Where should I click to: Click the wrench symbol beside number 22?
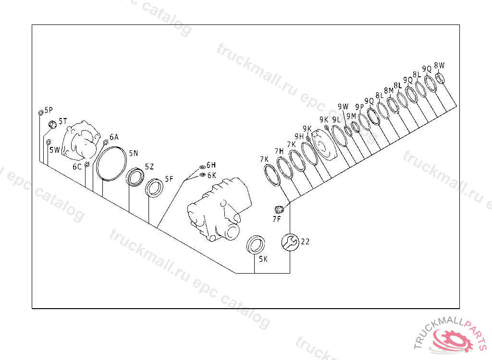tap(290, 242)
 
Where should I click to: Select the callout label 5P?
tap(49, 110)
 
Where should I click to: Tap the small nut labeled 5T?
tap(52, 124)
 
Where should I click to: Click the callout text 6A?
tap(114, 137)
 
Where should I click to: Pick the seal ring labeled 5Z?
tap(135, 177)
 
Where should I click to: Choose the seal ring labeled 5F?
tap(154, 188)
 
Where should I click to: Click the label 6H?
tap(211, 165)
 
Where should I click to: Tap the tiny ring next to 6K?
tap(202, 174)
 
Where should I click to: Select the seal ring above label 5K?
tap(256, 244)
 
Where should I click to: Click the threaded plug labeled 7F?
tap(279, 209)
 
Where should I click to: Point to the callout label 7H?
tap(279, 151)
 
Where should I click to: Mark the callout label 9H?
tap(299, 136)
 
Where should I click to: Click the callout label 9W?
tap(343, 107)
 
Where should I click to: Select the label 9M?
tap(351, 116)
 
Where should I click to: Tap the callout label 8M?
tap(389, 91)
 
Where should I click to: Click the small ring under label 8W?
tap(440, 78)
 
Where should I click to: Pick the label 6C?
tap(77, 167)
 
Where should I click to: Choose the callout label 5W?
tap(55, 150)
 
